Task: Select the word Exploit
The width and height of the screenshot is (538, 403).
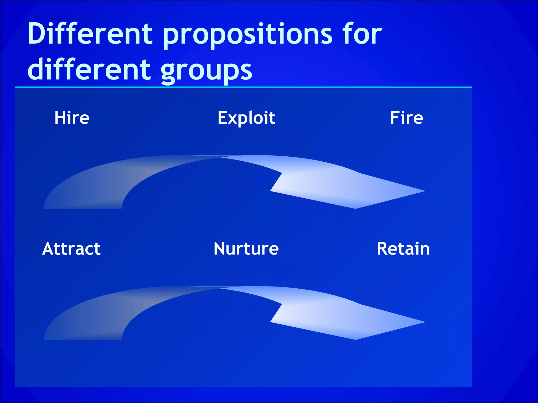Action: (246, 118)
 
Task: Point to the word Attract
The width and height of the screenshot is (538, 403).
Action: (71, 248)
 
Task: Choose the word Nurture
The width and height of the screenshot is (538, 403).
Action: (246, 248)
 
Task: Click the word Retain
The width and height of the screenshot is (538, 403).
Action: (403, 248)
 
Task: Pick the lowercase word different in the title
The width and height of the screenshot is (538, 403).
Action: (89, 69)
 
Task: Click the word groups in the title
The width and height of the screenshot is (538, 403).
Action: (206, 71)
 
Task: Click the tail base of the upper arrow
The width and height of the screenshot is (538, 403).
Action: (83, 206)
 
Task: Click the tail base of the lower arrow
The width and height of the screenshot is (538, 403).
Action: (83, 337)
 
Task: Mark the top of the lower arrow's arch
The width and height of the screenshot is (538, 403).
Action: (218, 288)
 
